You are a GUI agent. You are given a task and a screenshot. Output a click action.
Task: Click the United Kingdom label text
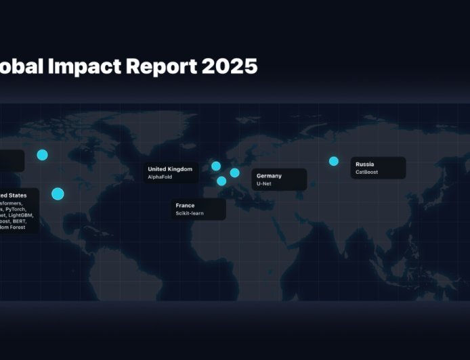pyautogui.click(x=170, y=169)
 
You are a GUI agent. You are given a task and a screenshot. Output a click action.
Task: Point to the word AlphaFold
pyautogui.click(x=161, y=177)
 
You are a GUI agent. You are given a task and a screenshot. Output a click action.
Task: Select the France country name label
pyautogui.click(x=185, y=206)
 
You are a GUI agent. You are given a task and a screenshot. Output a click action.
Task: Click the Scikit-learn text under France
pyautogui.click(x=190, y=214)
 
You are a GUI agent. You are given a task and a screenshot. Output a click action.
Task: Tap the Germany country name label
pyautogui.click(x=269, y=176)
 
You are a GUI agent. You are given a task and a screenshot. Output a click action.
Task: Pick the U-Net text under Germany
pyautogui.click(x=263, y=184)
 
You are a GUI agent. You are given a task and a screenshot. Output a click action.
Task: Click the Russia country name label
pyautogui.click(x=364, y=164)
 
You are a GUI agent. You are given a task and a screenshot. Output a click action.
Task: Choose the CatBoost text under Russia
pyautogui.click(x=366, y=173)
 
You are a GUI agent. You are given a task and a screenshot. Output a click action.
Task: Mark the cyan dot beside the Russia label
pyautogui.click(x=333, y=161)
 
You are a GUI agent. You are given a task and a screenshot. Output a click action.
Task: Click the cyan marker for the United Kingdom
pyautogui.click(x=216, y=166)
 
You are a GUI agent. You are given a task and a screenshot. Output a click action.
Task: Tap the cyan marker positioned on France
pyautogui.click(x=221, y=181)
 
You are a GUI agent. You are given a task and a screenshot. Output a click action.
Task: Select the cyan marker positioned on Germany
pyautogui.click(x=234, y=173)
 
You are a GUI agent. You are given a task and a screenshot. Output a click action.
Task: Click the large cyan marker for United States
pyautogui.click(x=58, y=194)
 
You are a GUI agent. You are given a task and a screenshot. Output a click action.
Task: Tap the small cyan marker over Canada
pyautogui.click(x=43, y=155)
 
